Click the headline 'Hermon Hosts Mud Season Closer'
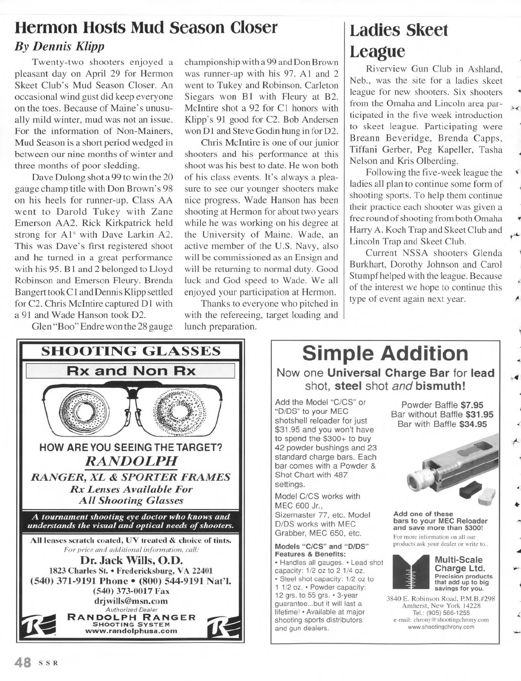pos(146,27)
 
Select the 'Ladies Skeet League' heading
pos(399,41)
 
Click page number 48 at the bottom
pos(23,663)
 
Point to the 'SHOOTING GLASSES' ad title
pos(131,351)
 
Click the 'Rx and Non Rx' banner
pos(131,371)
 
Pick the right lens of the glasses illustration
pos(178,409)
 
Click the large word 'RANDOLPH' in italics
pos(131,460)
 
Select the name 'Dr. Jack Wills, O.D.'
pos(131,560)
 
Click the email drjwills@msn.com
pos(131,601)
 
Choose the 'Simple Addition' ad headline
pos(385,354)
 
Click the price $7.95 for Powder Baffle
pos(472,405)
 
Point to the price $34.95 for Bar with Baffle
pos(473,424)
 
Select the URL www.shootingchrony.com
pos(441,627)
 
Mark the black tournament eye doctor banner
pos(131,521)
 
